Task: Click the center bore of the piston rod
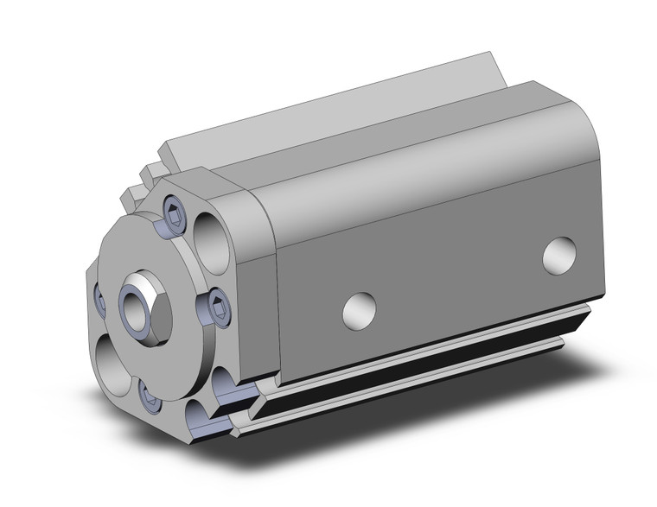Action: pyautogui.click(x=138, y=302)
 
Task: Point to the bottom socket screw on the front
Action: pyautogui.click(x=149, y=395)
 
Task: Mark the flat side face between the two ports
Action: pyautogui.click(x=458, y=268)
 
